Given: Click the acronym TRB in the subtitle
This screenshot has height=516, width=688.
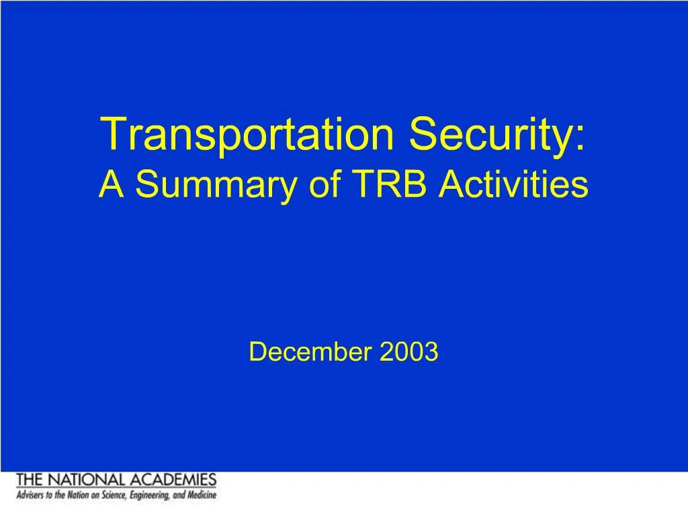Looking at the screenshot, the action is coord(389,183).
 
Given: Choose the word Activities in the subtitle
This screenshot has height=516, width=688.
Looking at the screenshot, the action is coord(514,183).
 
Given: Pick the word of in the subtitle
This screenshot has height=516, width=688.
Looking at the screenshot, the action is coord(325,183).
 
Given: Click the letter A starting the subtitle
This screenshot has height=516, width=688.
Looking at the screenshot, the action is coord(112,183).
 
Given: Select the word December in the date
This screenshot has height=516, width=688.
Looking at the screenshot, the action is coord(310,351).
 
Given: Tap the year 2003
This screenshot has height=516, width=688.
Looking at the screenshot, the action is coord(408,351).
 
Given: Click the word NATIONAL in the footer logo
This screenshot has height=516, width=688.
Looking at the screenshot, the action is coord(86,480).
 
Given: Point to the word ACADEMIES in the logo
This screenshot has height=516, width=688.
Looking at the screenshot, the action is coord(173,480).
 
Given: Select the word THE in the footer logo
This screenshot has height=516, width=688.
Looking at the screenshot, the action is coord(30,480).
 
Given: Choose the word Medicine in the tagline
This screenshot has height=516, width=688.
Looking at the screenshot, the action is coord(202,495).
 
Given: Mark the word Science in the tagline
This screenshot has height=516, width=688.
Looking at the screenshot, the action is coord(114,495).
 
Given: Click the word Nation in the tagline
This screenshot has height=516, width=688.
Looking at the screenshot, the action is coord(78,495).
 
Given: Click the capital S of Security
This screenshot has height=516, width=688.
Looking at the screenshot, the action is coord(423,134).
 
